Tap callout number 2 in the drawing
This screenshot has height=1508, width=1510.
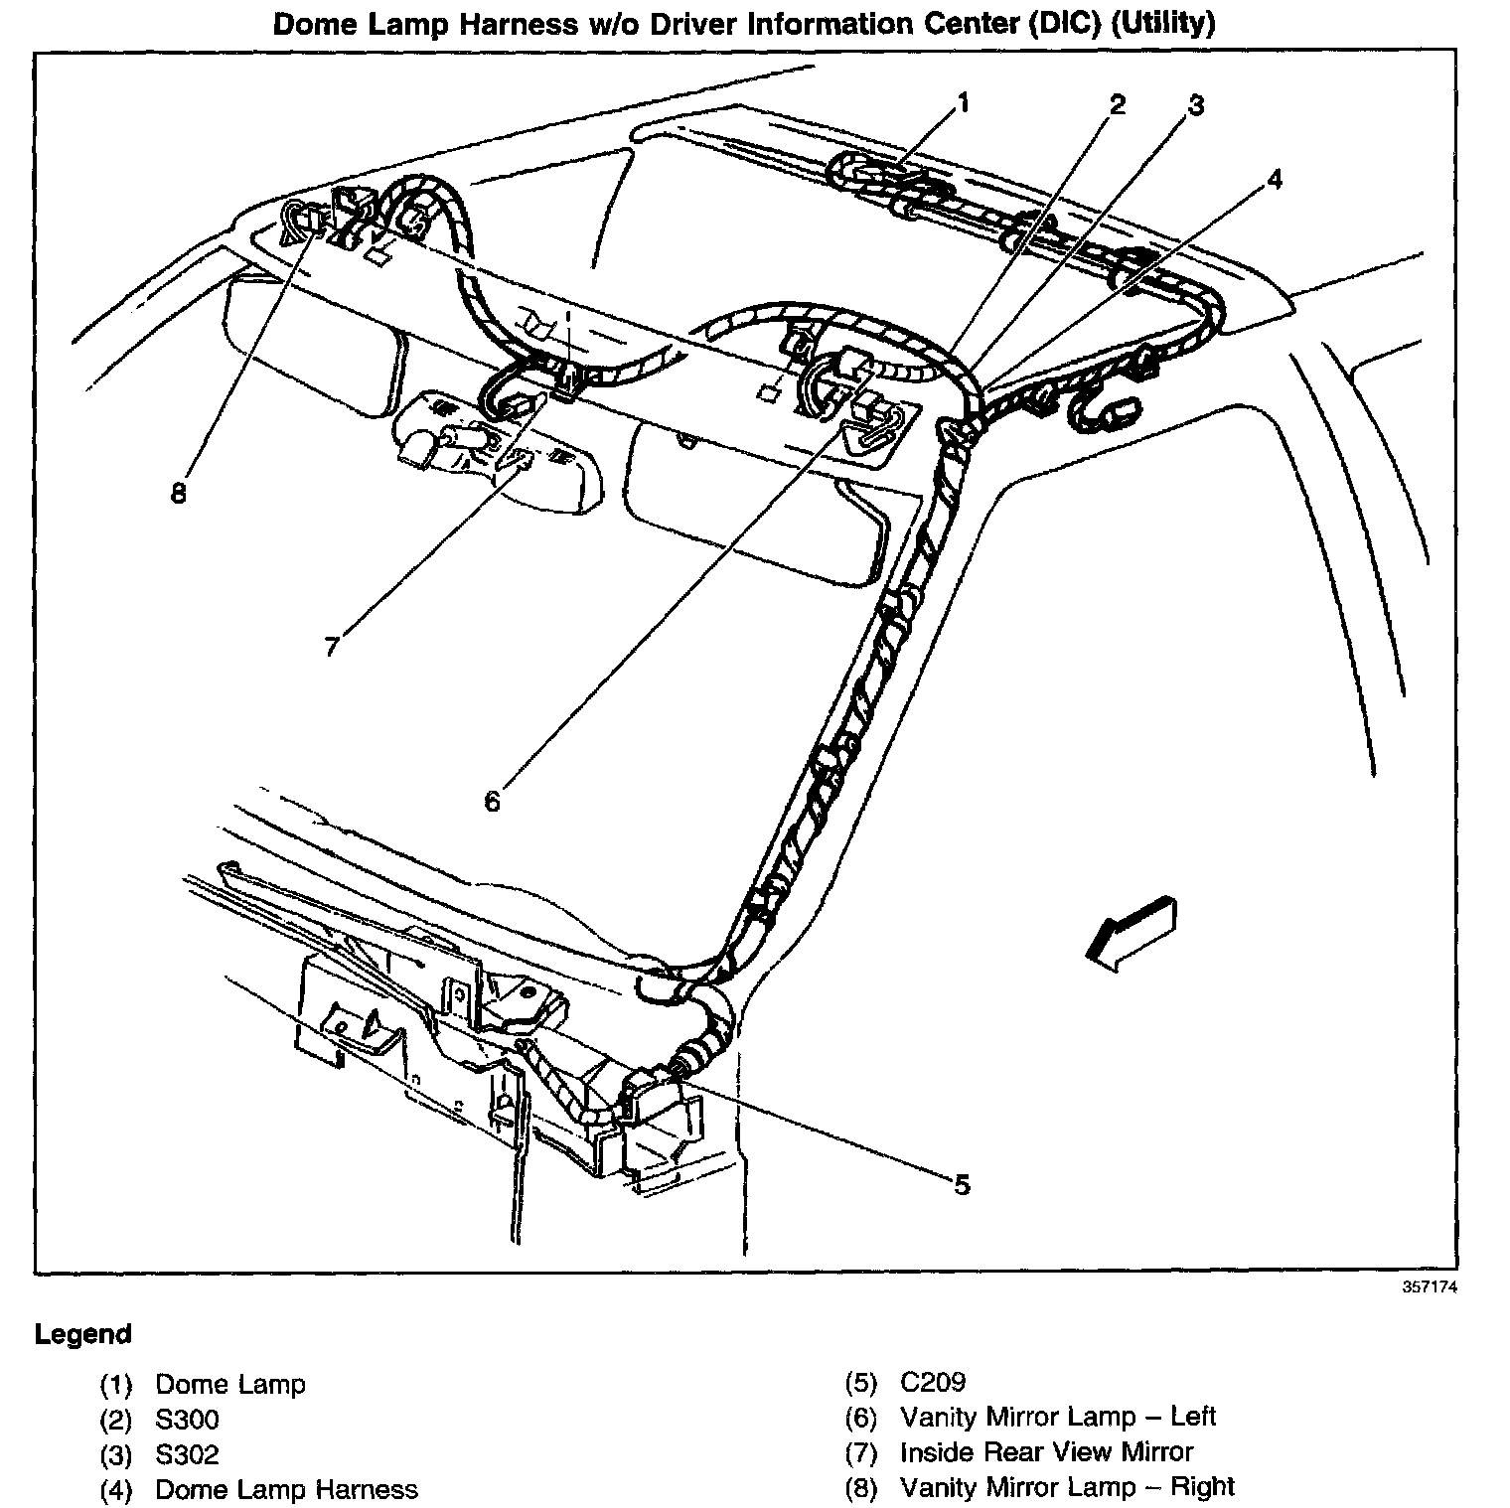(x=1118, y=104)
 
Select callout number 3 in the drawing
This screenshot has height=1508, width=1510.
(x=1196, y=105)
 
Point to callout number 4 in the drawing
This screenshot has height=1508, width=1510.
(x=1274, y=179)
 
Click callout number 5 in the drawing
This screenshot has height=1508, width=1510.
(x=961, y=1184)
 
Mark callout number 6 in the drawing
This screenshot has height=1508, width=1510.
(x=493, y=801)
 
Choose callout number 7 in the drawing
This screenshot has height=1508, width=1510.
(x=332, y=646)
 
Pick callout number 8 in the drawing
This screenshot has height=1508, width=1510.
(x=179, y=493)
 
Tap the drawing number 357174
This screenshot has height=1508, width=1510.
(x=1430, y=1287)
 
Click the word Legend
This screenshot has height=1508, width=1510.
(x=82, y=1334)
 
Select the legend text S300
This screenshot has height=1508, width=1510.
(x=187, y=1420)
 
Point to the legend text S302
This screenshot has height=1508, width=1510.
(x=187, y=1455)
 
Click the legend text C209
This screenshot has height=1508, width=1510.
(x=932, y=1383)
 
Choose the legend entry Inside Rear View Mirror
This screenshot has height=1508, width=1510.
(x=1046, y=1452)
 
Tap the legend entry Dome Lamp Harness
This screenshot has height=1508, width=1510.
(x=287, y=1490)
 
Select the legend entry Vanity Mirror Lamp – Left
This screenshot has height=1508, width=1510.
(x=1058, y=1417)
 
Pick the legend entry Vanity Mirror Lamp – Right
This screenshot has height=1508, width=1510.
(x=1067, y=1487)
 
